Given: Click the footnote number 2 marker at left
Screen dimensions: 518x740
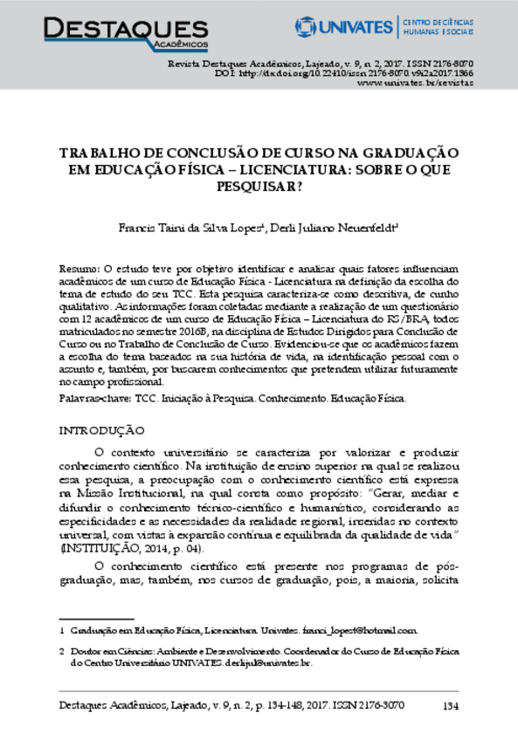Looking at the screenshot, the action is [x=61, y=651].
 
